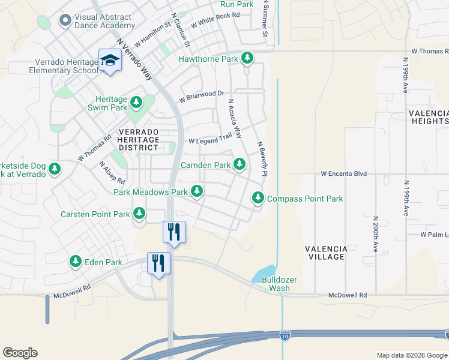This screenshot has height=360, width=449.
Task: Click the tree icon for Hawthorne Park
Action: click(x=247, y=59)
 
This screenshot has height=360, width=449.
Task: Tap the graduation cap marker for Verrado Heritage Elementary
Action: click(x=110, y=61)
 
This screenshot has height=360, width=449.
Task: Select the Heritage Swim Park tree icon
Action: click(x=136, y=103)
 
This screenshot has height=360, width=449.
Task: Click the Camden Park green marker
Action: click(x=240, y=164)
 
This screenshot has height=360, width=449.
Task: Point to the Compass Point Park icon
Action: click(x=258, y=197)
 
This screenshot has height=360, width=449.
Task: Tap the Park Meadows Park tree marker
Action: click(x=196, y=191)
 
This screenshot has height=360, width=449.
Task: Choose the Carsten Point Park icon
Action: click(x=139, y=214)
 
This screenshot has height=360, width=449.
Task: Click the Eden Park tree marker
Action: click(x=76, y=262)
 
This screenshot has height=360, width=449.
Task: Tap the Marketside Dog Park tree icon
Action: click(x=55, y=169)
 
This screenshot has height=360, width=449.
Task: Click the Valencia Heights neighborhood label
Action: click(x=428, y=117)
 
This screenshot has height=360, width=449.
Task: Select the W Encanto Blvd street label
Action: click(x=343, y=173)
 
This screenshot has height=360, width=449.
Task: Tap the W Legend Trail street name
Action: click(x=210, y=141)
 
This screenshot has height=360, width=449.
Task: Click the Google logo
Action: click(x=20, y=353)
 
